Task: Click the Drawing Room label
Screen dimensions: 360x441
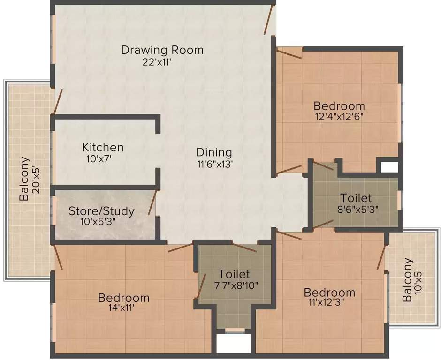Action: tap(162, 50)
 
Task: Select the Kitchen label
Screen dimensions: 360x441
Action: tap(103, 147)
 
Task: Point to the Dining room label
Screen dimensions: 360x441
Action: tap(214, 152)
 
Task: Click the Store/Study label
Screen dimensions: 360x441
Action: tap(101, 211)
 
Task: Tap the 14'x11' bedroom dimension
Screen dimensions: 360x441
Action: tap(124, 308)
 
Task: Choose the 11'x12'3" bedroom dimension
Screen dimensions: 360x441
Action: tap(329, 303)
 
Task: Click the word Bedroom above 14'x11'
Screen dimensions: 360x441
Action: tap(124, 298)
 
